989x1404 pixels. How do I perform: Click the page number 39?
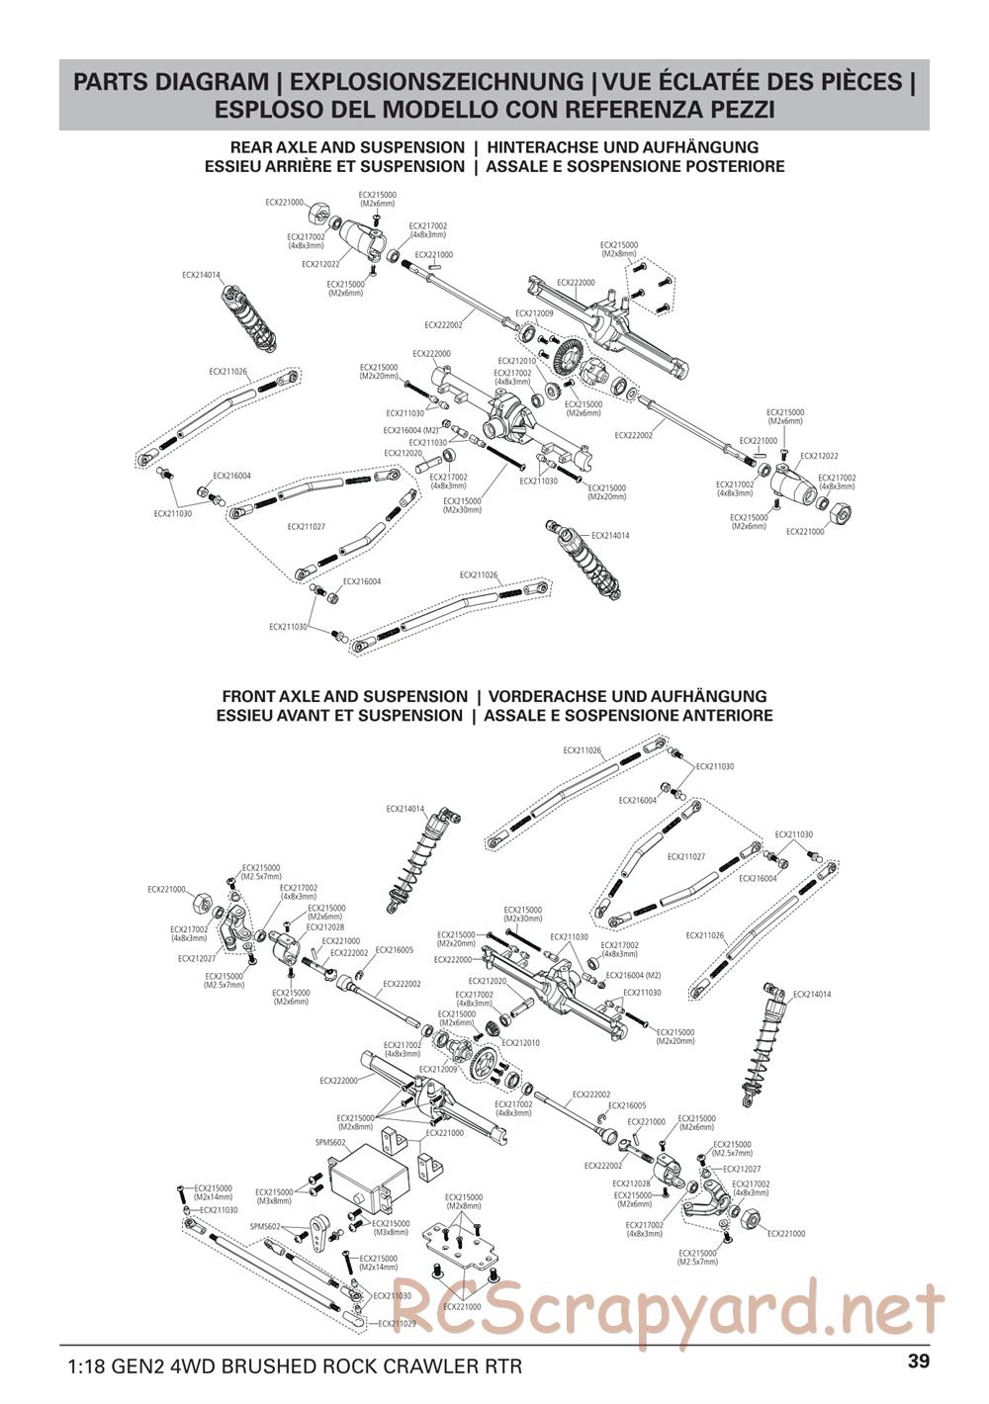(918, 1360)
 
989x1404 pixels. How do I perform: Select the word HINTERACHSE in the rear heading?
(540, 147)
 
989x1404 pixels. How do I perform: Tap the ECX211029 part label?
(392, 1323)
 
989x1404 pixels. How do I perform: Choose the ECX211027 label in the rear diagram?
(307, 527)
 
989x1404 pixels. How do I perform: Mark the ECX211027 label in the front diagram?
(685, 856)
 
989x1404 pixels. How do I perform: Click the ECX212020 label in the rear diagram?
(403, 453)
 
